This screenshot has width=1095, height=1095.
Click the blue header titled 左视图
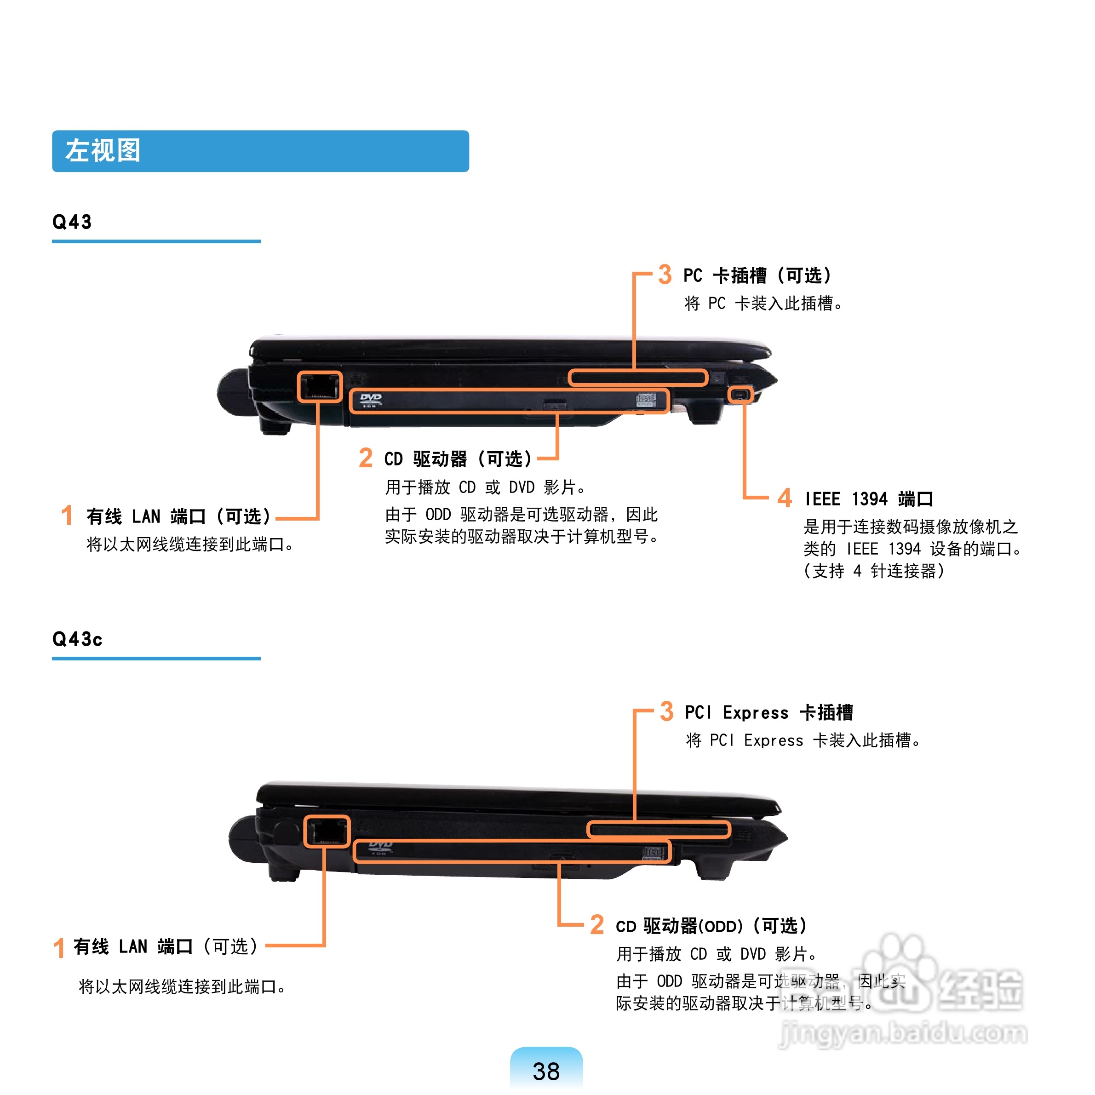click(x=260, y=151)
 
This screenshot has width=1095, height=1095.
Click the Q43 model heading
click(x=72, y=222)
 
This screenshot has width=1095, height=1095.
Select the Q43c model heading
click(x=78, y=639)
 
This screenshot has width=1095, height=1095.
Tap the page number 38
click(x=546, y=1071)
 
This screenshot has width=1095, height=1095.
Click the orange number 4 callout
click(x=785, y=498)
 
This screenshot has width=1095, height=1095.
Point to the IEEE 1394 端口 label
click(x=869, y=499)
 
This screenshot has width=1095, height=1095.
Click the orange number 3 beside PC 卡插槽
click(x=665, y=275)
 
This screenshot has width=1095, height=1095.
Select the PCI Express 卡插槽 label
click(x=769, y=712)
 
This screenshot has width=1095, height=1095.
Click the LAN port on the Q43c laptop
click(x=327, y=831)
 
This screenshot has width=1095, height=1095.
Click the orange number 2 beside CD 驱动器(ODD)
click(x=597, y=924)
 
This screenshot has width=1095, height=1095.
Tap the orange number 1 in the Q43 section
click(x=67, y=515)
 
